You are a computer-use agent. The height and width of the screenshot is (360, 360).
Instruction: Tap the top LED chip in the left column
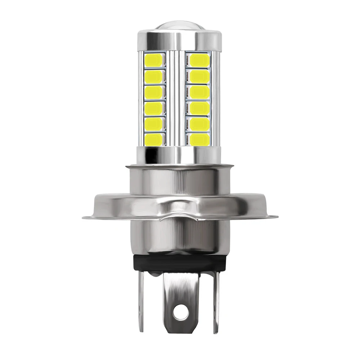point(154,60)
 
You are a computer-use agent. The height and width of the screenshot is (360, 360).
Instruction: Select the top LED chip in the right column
point(199,60)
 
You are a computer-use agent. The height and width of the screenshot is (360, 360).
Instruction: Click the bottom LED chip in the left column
point(154,138)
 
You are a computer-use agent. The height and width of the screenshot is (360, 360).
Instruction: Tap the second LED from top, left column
point(154,76)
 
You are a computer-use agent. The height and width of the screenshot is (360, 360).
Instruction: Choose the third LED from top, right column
point(199,91)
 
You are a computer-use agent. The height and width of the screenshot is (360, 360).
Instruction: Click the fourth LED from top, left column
point(154,107)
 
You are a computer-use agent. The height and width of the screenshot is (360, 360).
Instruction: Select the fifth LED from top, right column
point(199,123)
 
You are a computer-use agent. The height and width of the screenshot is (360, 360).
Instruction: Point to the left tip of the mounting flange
point(85,217)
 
